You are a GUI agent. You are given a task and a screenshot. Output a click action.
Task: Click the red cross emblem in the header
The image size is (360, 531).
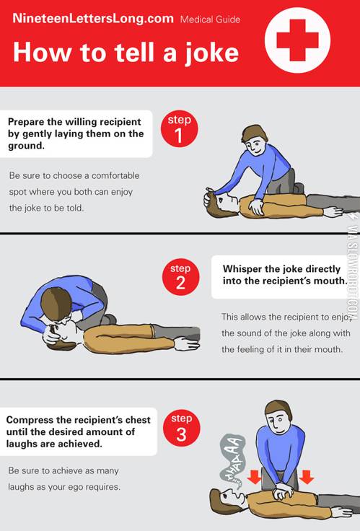tap(297, 41)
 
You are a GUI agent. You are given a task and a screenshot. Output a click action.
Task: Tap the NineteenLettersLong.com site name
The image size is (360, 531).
tap(93, 19)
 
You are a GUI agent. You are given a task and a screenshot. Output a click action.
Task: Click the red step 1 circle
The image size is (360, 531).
tap(180, 130)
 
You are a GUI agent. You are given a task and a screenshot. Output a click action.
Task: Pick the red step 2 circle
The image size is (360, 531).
tap(180, 278)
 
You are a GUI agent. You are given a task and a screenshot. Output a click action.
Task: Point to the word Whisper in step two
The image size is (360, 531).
tap(246, 269)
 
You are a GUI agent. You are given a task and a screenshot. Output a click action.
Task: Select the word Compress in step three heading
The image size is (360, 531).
tap(32, 420)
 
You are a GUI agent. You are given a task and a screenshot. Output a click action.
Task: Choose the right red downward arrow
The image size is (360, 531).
tap(306, 477)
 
